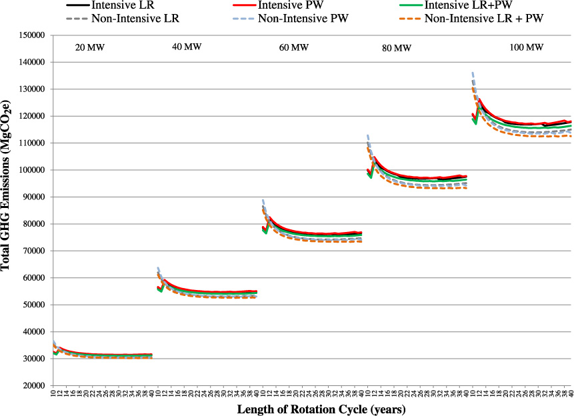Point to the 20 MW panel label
90,47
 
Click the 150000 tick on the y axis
31,35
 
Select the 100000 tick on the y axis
31,170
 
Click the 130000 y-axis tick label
31,89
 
